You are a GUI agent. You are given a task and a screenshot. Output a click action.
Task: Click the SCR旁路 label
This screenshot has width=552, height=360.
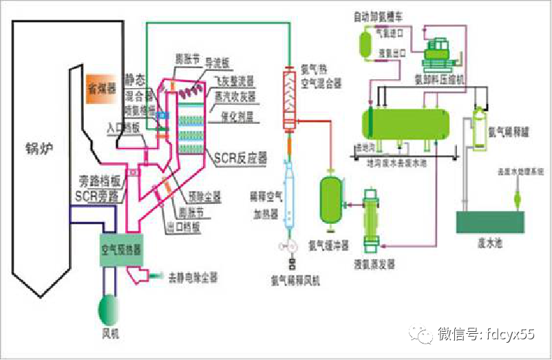98,195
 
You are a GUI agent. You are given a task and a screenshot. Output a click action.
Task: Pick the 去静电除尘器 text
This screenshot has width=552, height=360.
193,277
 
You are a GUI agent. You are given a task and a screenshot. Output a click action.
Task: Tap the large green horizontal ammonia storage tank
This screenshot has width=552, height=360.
406,122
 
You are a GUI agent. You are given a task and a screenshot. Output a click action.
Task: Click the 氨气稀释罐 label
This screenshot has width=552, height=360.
507,130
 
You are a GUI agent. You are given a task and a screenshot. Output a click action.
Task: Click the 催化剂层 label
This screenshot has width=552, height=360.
236,117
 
